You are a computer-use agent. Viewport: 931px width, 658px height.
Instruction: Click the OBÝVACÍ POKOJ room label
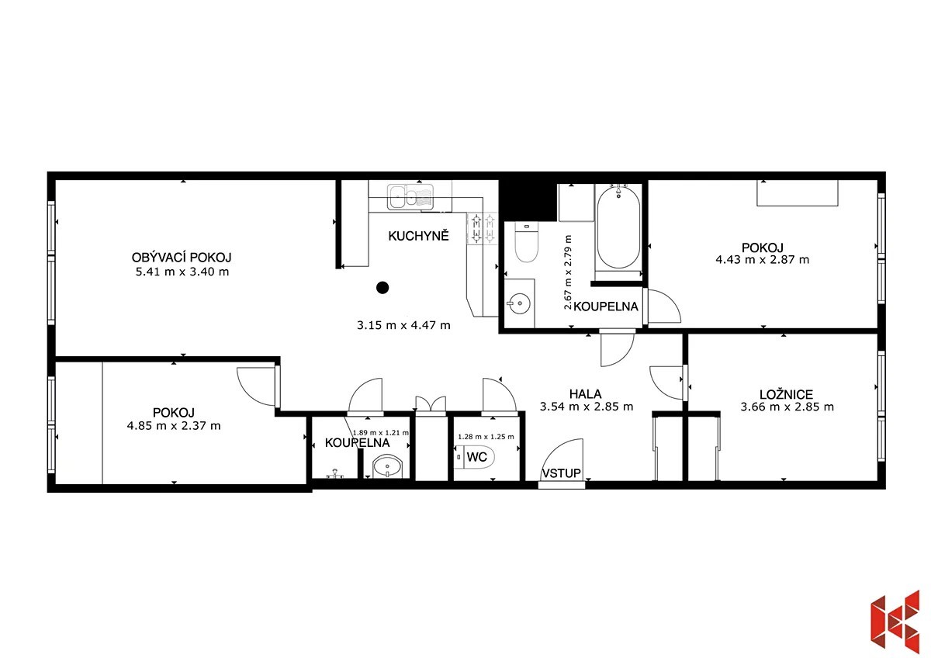pos(182,258)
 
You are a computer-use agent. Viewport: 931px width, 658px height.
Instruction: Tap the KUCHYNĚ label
pos(418,236)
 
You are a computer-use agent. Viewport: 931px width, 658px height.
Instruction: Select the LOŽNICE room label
pos(787,394)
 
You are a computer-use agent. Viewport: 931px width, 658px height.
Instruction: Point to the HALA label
pos(585,393)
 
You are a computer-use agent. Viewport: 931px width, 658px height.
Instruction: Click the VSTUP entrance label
pos(561,473)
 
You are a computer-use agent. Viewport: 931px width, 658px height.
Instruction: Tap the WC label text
pos(476,457)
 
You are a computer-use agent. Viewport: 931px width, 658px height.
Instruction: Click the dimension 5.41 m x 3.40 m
pos(182,272)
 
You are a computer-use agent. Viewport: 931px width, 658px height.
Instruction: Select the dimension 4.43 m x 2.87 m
pos(762,260)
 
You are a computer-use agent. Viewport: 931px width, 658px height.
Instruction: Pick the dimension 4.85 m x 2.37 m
pos(174,426)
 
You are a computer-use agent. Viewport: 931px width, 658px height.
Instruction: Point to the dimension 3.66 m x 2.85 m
pos(787,407)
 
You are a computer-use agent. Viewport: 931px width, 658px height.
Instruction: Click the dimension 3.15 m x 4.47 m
pos(403,325)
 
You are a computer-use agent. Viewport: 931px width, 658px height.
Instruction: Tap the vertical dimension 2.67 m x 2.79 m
pos(568,272)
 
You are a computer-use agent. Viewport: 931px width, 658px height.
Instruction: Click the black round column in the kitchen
pos(382,287)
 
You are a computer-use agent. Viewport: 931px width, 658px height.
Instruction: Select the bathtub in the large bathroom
pos(618,227)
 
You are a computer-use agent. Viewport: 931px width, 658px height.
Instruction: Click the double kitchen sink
pos(410,196)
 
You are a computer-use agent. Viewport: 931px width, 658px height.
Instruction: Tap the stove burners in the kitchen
pos(483,229)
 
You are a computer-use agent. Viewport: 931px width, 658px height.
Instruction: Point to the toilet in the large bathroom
pos(527,242)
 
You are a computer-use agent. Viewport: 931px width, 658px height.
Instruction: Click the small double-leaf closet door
pos(431,405)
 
